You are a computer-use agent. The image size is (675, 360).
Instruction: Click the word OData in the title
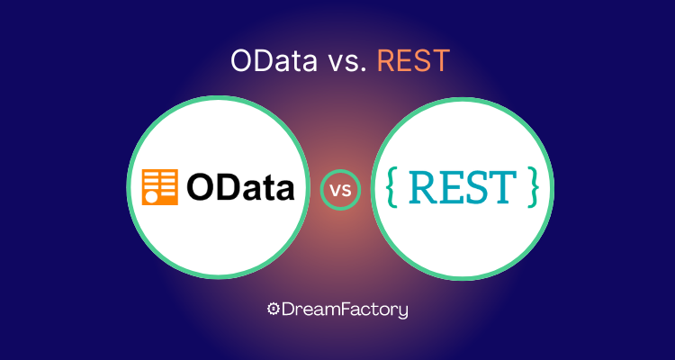click(274, 60)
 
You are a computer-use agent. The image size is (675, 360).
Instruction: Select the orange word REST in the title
click(413, 60)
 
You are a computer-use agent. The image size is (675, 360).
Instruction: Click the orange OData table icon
click(159, 187)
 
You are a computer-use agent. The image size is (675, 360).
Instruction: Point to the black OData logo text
click(240, 187)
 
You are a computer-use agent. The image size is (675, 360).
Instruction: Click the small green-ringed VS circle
click(340, 190)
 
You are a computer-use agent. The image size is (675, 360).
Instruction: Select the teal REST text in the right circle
click(463, 187)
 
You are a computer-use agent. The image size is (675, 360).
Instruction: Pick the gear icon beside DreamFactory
click(273, 309)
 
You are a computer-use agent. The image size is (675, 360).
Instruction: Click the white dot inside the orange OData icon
click(150, 197)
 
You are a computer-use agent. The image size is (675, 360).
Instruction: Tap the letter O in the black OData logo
click(200, 187)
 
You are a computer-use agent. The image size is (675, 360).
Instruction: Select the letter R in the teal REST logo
click(422, 187)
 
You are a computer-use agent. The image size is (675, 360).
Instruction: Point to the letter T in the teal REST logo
click(503, 187)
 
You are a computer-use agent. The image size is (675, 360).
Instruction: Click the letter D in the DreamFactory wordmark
click(288, 310)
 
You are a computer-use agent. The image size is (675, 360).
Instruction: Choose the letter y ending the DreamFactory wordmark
click(402, 311)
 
